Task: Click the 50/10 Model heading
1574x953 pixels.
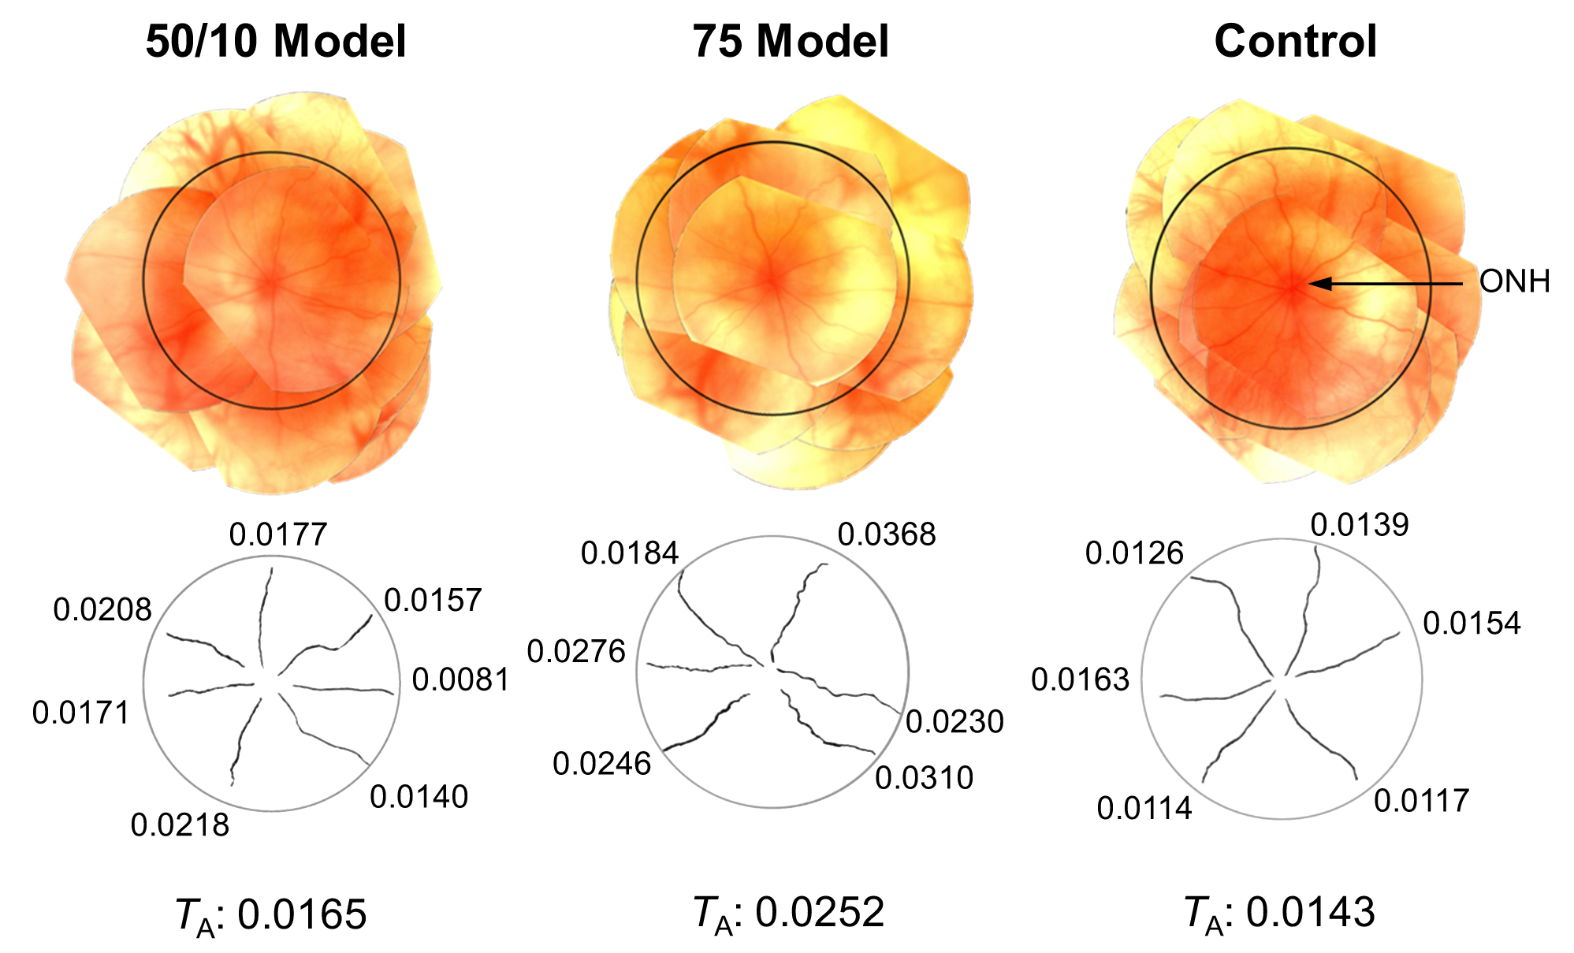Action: (276, 41)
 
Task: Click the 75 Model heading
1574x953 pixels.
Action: (791, 41)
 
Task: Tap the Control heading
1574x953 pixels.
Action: (1295, 41)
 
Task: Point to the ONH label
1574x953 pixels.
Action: (1514, 281)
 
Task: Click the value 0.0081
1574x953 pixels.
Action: (461, 680)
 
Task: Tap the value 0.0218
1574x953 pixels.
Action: (180, 825)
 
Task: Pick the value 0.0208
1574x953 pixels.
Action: (102, 610)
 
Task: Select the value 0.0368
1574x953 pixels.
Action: (887, 535)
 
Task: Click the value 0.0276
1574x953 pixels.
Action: (576, 652)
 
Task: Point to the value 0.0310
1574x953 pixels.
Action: (925, 779)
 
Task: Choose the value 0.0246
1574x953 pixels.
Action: (602, 764)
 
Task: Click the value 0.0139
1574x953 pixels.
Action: (1360, 525)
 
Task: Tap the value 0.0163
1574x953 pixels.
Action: (1081, 679)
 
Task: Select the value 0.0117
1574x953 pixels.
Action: (1422, 802)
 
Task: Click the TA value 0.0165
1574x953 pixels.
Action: (302, 914)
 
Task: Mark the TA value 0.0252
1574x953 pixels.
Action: (820, 913)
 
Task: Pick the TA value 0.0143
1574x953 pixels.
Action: (1310, 913)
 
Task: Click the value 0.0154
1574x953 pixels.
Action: (1472, 624)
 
